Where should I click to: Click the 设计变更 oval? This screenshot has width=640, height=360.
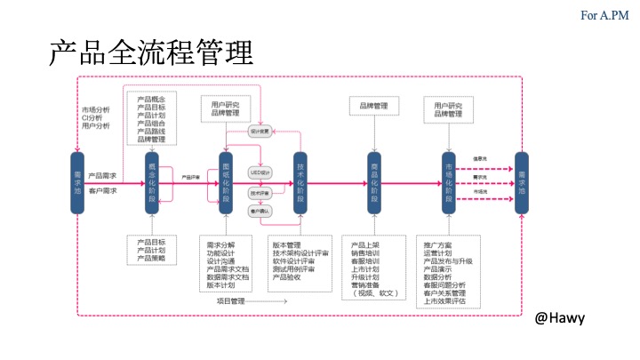click(x=259, y=132)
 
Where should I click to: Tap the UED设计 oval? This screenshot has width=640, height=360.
click(x=260, y=171)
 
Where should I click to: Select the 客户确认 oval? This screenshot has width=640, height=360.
click(x=260, y=211)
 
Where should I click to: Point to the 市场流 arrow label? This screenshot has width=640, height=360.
click(x=480, y=191)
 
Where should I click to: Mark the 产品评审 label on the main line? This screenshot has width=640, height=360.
click(x=190, y=177)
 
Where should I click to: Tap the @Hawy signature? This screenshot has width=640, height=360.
click(x=560, y=317)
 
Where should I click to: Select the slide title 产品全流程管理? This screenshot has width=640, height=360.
click(x=151, y=53)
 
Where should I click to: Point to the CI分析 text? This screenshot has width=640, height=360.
click(x=92, y=117)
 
